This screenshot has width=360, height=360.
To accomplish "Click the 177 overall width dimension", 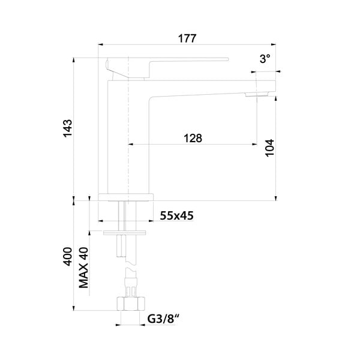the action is click(x=187, y=38).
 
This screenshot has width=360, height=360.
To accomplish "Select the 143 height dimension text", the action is click(x=68, y=128).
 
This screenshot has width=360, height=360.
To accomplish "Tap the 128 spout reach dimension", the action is click(x=193, y=138).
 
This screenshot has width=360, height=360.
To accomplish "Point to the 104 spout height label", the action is click(x=270, y=148).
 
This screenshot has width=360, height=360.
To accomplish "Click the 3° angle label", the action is click(x=265, y=59).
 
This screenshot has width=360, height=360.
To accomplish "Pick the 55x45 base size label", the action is click(x=176, y=215).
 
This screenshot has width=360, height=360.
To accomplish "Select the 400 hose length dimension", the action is click(x=68, y=256).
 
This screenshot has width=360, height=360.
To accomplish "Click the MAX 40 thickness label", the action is click(x=83, y=268).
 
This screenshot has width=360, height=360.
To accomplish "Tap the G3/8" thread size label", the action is click(x=163, y=319).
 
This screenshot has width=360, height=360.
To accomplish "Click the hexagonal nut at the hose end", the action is click(x=131, y=304).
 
